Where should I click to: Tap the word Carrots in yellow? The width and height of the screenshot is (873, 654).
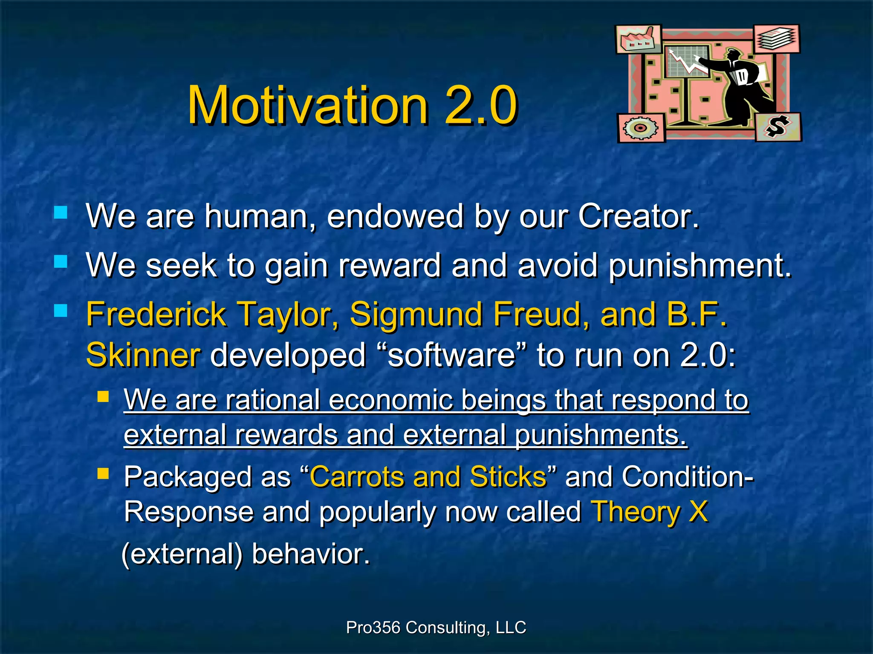356,476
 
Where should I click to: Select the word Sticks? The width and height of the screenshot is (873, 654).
508,476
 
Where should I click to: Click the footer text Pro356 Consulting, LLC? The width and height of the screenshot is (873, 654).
436,628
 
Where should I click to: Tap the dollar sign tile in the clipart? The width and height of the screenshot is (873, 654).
778,127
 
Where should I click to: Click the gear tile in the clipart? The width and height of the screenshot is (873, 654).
641,128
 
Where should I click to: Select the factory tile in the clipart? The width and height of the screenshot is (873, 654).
638,40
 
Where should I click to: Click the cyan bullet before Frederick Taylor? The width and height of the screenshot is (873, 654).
61,310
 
